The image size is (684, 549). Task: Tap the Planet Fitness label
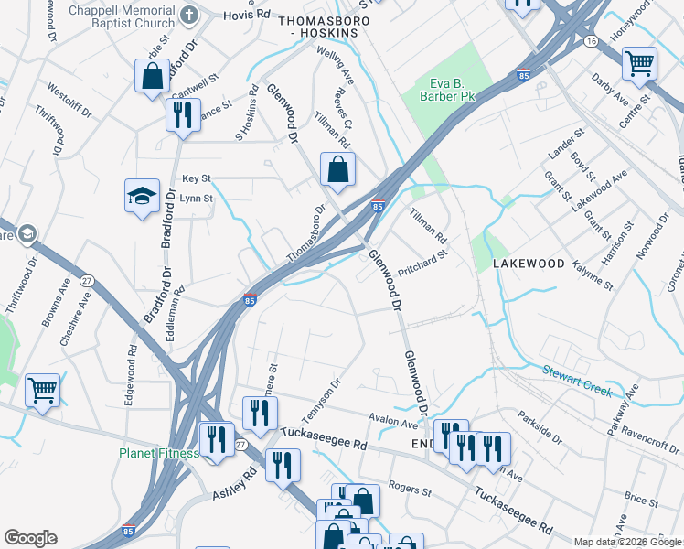[x=158, y=453]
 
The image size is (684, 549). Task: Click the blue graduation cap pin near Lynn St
[x=142, y=196]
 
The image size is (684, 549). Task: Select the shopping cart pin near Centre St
[x=638, y=64]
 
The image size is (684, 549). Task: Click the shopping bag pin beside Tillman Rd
[x=337, y=169]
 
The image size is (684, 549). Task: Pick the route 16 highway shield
[x=592, y=41]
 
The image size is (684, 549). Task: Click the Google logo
[x=30, y=538]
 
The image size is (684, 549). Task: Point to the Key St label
[x=196, y=178]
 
